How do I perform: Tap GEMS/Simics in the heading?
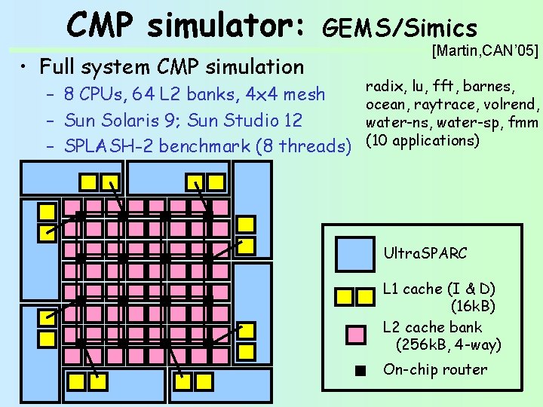[400, 28]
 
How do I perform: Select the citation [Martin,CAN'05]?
[485, 51]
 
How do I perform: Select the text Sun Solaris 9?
[122, 120]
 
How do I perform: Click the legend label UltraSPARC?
[425, 253]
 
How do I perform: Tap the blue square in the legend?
[355, 253]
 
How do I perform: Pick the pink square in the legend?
[355, 334]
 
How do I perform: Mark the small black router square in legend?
[361, 370]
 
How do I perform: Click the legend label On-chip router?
[435, 369]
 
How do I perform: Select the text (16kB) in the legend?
[473, 306]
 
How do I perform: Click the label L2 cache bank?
[432, 327]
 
